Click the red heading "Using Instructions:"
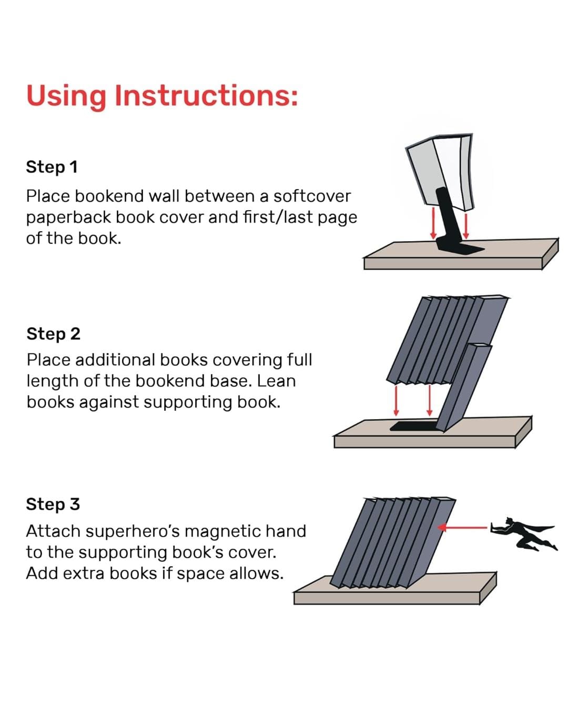tap(162, 96)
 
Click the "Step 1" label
tap(52, 167)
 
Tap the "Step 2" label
tap(53, 334)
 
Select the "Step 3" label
tap(53, 504)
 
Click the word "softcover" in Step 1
tap(312, 196)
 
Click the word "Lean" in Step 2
tap(276, 381)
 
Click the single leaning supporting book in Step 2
tap(463, 387)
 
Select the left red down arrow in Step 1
tap(433, 224)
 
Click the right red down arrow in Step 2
tap(430, 400)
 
